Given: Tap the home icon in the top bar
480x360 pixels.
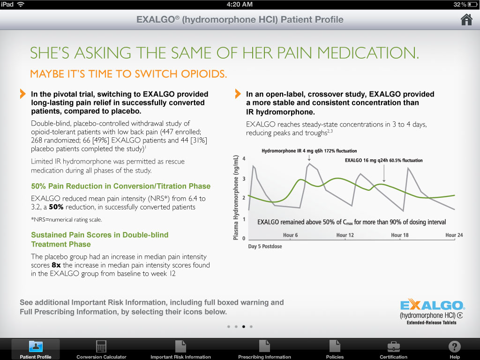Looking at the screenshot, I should tap(466, 20).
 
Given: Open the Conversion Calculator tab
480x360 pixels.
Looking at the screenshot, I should tap(101, 350).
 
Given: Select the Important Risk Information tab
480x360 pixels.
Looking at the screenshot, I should tap(180, 350).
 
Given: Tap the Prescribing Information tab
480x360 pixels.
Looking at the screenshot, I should tap(264, 350).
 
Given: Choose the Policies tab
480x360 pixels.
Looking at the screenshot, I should tap(335, 350).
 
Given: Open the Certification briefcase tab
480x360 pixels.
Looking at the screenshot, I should tap(393, 350).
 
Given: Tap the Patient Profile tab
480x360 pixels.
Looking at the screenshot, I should tap(36, 350).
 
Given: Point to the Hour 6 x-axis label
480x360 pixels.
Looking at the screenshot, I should tap(291, 235).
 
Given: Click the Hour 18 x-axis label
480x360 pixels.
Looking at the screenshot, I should tap(400, 235).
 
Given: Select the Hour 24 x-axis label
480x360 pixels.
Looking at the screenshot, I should tap(454, 235).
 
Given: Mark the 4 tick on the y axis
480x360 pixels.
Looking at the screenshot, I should tap(243, 159).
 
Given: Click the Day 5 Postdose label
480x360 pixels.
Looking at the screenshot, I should tap(265, 246).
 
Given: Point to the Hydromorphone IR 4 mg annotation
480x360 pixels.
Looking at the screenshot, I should tap(309, 151).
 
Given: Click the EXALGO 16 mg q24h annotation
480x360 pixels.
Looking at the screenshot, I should tap(383, 160).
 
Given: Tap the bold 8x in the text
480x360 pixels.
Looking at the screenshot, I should tap(56, 265).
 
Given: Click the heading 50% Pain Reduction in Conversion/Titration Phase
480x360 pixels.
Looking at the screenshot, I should tap(120, 186).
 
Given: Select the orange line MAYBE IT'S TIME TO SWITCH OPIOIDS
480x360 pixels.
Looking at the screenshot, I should tap(128, 74).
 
